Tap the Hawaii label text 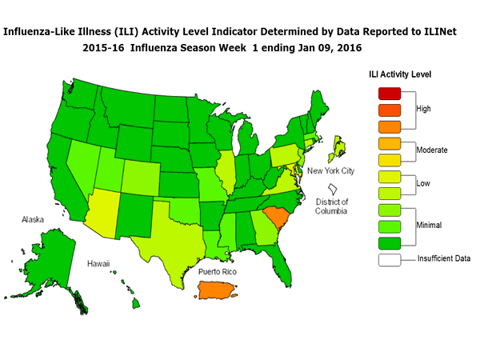point(99,263)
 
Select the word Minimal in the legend point(430,226)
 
